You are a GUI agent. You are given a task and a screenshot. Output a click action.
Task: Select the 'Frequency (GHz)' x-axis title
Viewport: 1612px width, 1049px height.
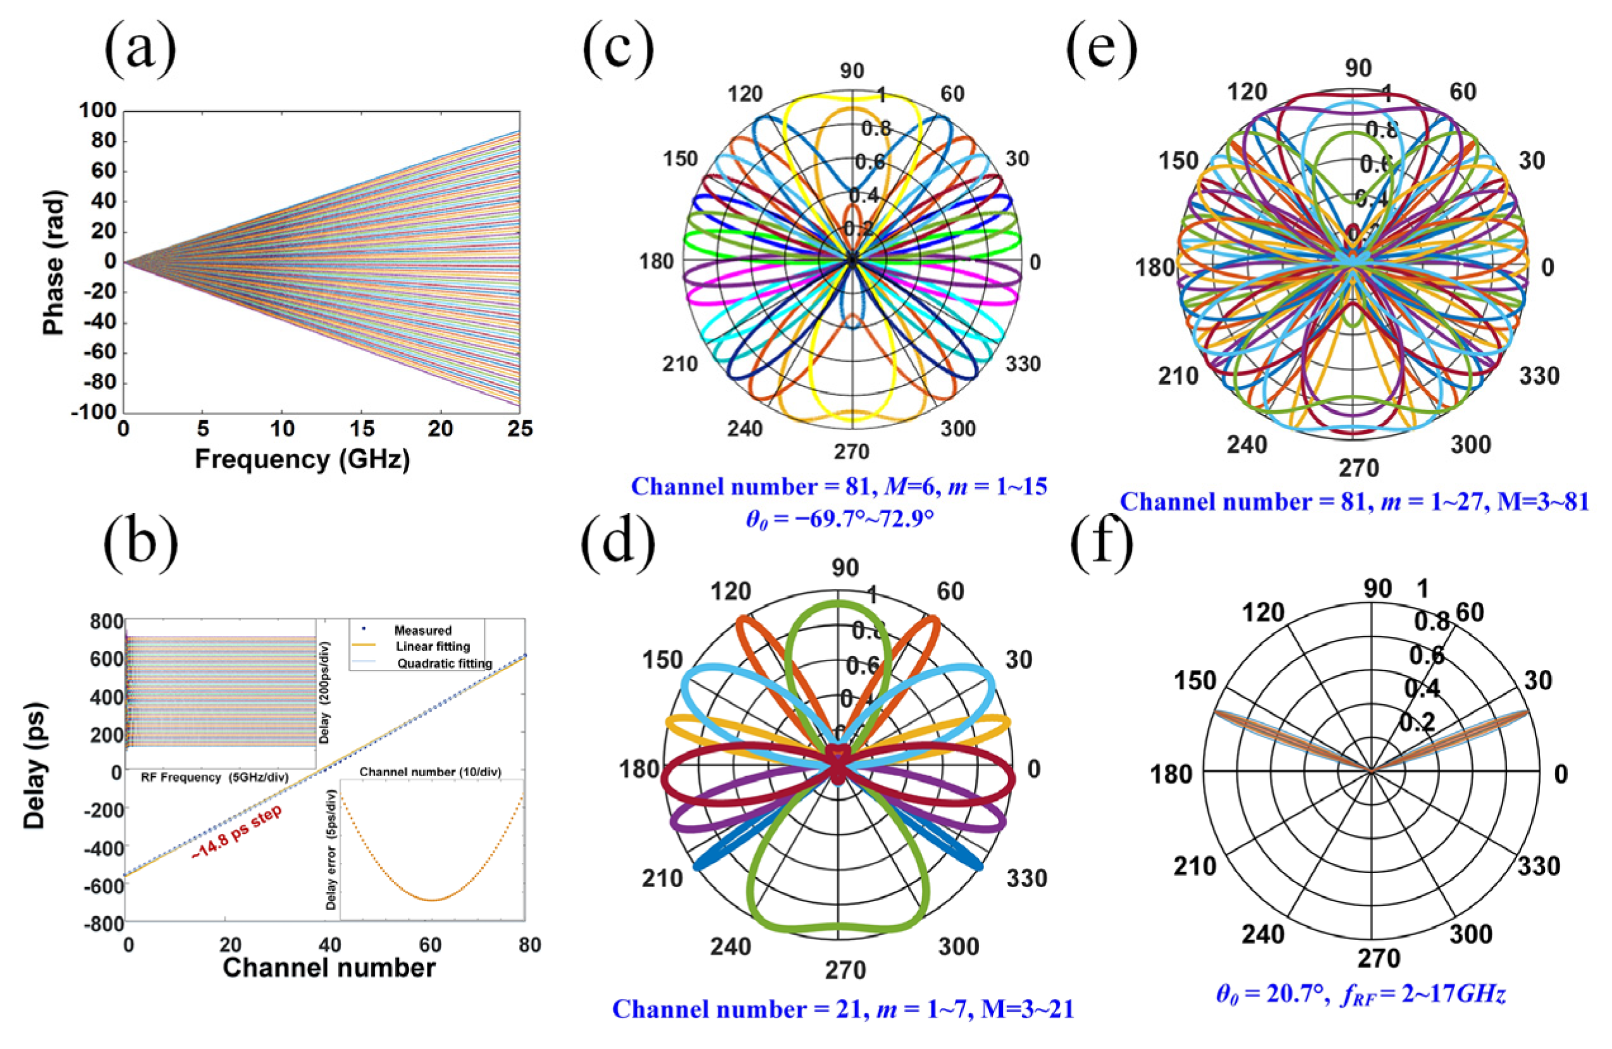click(x=302, y=459)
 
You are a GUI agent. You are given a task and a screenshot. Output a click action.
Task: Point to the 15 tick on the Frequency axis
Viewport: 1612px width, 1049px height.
click(x=362, y=429)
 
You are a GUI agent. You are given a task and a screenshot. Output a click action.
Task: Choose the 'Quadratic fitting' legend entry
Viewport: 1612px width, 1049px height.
click(x=444, y=664)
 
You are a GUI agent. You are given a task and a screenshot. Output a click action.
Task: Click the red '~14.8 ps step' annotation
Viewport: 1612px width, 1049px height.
click(x=237, y=833)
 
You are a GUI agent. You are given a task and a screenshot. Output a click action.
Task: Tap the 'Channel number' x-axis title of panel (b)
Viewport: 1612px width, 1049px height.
click(x=328, y=967)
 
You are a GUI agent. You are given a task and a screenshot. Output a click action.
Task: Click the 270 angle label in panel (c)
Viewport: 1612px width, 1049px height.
click(x=851, y=452)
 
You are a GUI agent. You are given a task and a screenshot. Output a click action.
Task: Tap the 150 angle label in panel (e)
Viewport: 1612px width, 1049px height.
click(x=1179, y=161)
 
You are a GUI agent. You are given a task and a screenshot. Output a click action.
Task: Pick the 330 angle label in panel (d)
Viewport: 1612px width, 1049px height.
click(x=1027, y=878)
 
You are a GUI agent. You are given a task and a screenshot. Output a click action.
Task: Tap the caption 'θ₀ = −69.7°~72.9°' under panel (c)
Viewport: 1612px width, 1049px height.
click(x=839, y=519)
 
